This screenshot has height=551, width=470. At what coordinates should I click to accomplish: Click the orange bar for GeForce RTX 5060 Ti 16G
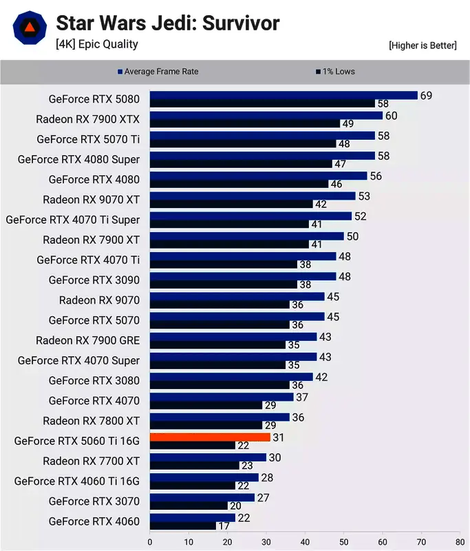(x=210, y=437)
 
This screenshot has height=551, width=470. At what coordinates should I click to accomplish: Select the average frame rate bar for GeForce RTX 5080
(x=284, y=95)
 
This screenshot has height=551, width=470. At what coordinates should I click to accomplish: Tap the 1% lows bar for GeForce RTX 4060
(x=182, y=526)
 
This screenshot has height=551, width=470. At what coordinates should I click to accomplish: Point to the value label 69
(x=426, y=95)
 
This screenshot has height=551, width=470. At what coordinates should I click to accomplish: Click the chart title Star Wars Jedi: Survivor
(x=167, y=23)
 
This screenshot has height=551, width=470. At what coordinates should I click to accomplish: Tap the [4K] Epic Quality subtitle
(x=97, y=44)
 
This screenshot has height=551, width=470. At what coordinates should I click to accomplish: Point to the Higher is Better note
(x=422, y=45)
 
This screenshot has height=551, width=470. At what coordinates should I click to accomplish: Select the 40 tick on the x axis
(x=305, y=542)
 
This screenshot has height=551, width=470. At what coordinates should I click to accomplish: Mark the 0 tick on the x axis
(x=150, y=542)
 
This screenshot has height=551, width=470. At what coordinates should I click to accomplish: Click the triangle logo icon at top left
(x=30, y=28)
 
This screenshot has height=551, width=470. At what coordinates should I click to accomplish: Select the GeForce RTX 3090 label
(x=94, y=280)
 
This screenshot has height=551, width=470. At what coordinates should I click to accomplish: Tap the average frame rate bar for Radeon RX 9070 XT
(x=252, y=196)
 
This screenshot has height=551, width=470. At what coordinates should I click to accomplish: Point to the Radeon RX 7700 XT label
(x=91, y=461)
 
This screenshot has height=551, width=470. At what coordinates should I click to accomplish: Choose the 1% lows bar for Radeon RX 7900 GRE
(x=217, y=344)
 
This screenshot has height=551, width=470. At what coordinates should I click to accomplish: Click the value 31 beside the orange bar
(x=279, y=437)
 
